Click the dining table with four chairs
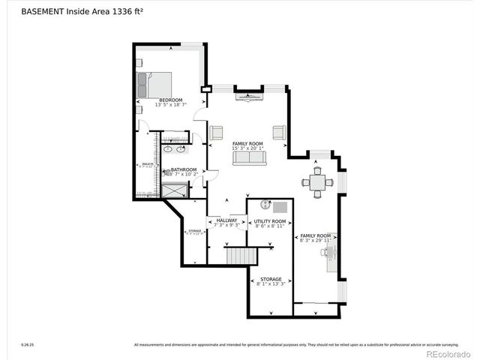pos(318,182)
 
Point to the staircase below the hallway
pos(241,256)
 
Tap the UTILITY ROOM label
pos(270,221)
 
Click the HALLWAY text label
pos(226,220)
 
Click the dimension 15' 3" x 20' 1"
pos(248,148)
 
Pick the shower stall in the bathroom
pos(174,190)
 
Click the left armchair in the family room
pos(217,133)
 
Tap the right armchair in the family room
pos(280,133)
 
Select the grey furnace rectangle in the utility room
pos(280,206)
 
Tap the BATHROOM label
pos(183,169)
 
